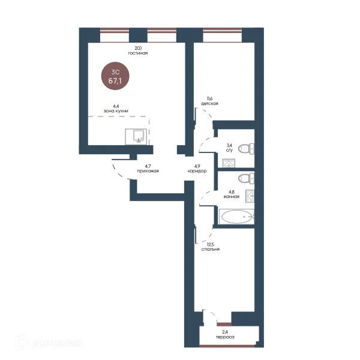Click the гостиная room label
(x=138, y=53)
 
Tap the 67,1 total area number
(x=115, y=80)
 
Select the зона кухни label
(x=116, y=111)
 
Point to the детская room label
(x=209, y=104)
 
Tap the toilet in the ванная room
(x=246, y=178)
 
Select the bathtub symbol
(x=236, y=217)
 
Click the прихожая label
(x=148, y=171)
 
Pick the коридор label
(x=197, y=171)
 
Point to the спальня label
(x=211, y=249)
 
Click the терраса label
(x=225, y=337)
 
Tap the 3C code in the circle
(x=115, y=72)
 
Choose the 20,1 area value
(x=138, y=48)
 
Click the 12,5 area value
(x=211, y=245)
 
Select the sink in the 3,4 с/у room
(x=229, y=163)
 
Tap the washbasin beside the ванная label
(x=250, y=196)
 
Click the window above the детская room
(x=223, y=35)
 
